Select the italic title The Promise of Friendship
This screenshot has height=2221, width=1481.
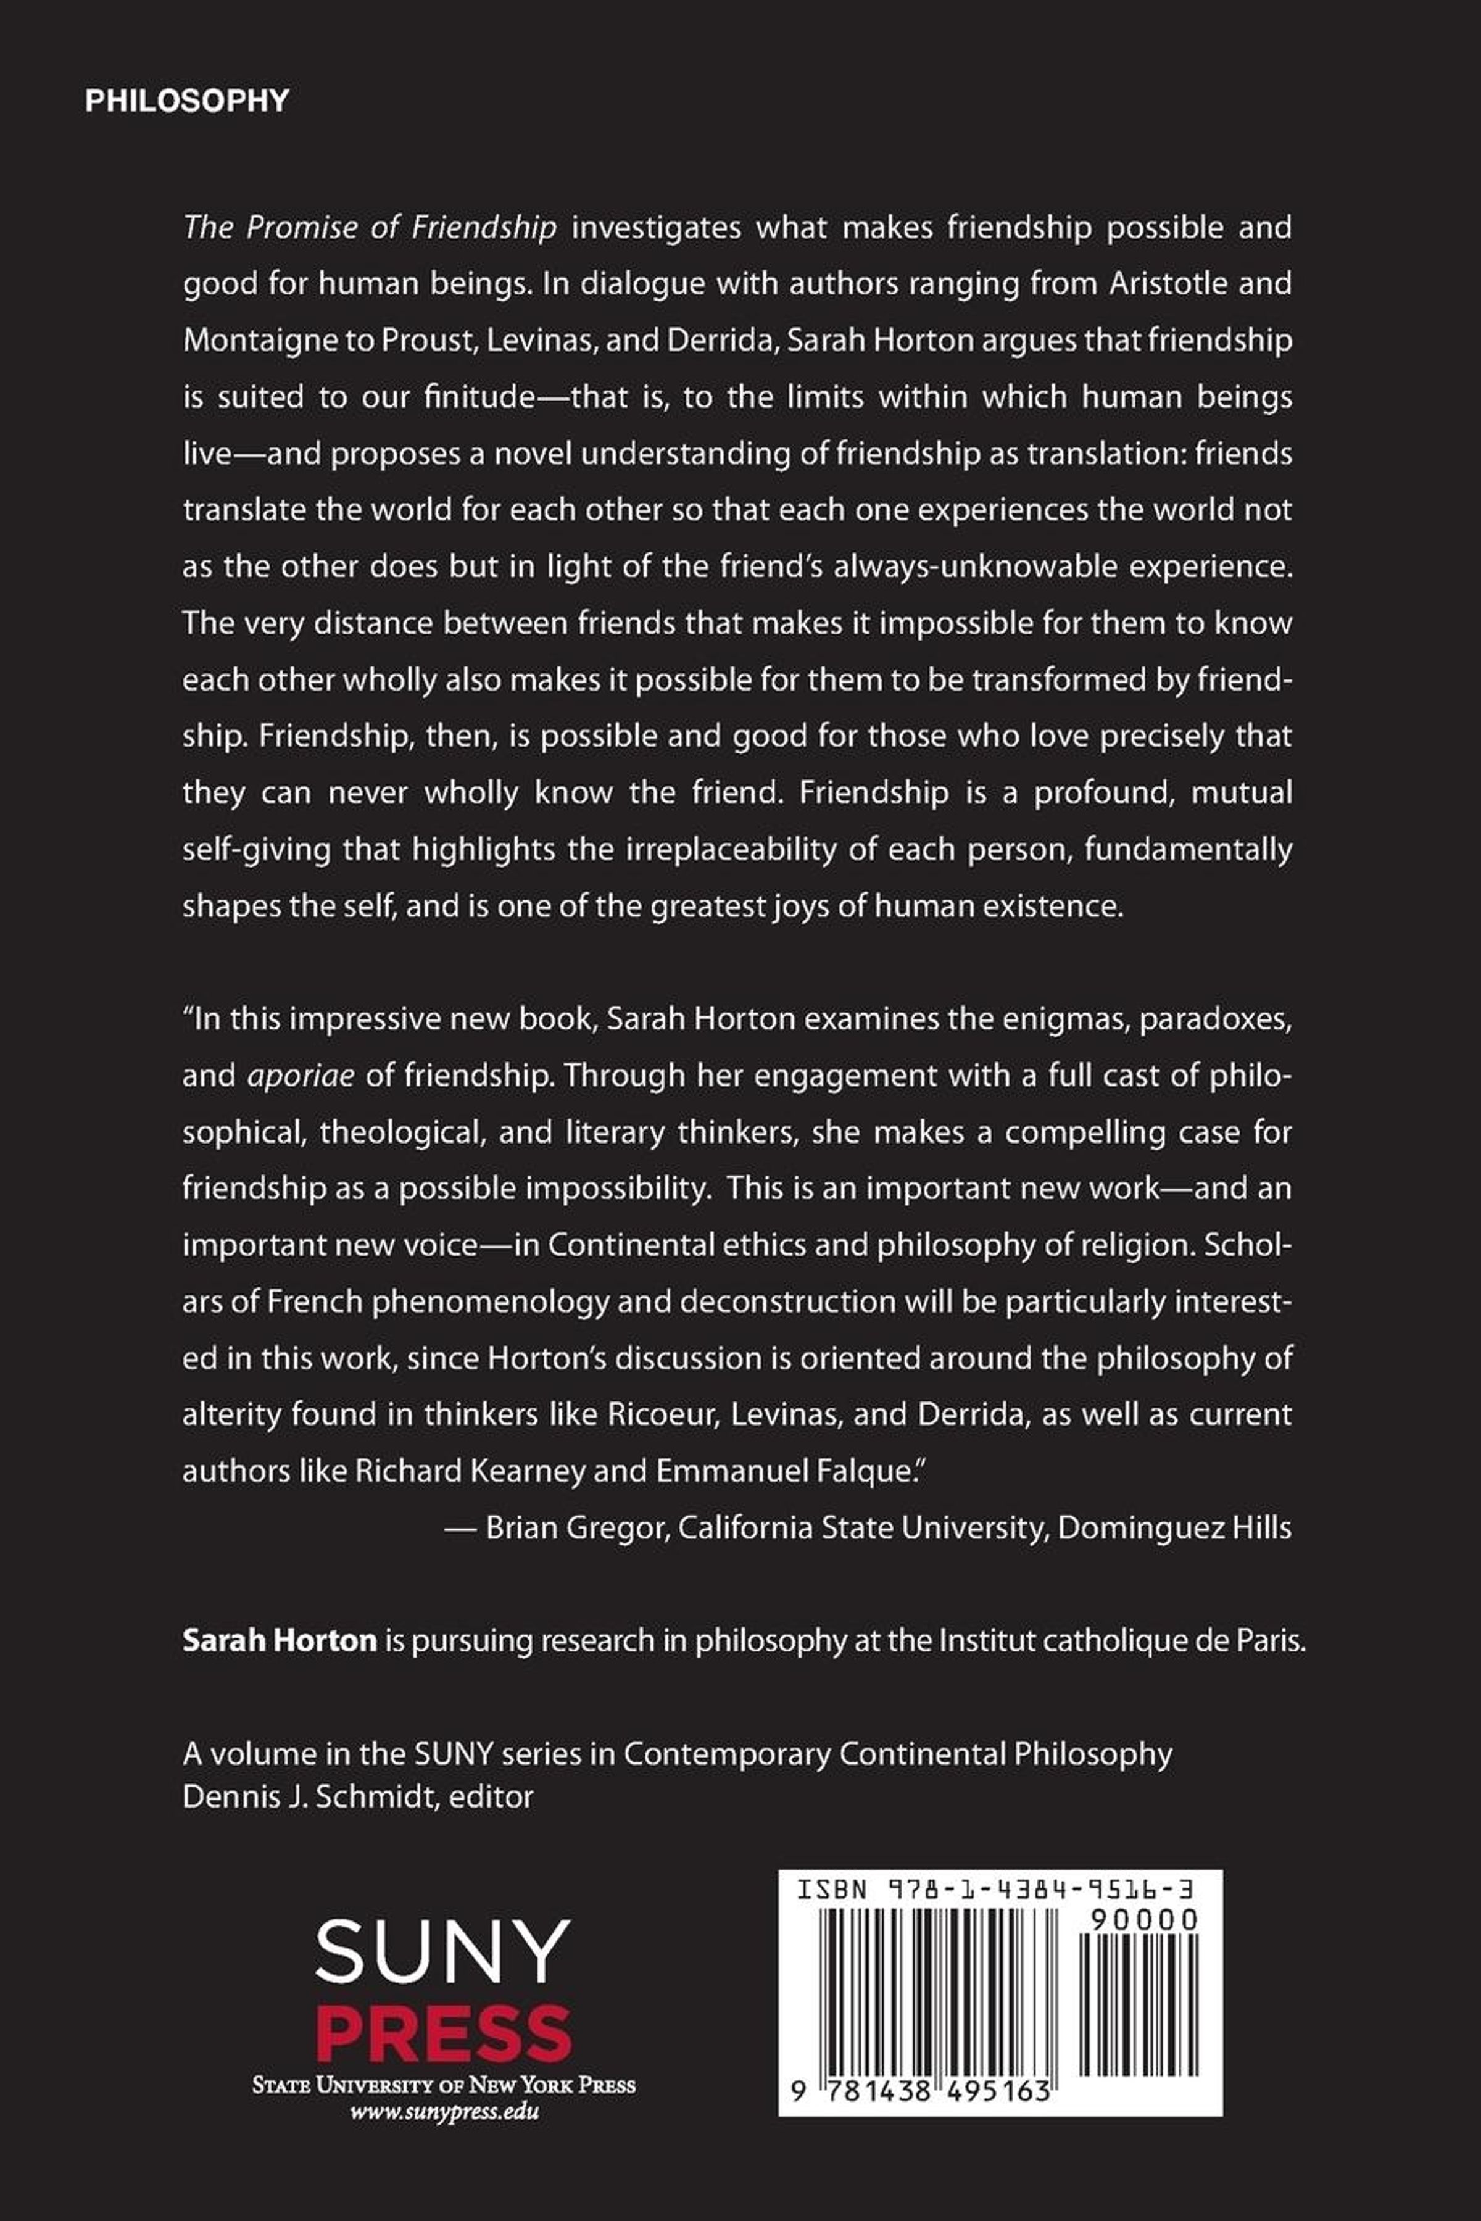tap(369, 228)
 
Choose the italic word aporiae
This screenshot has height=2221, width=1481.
tap(301, 1076)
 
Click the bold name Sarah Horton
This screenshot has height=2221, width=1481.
tap(280, 1640)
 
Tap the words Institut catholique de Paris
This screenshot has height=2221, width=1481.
tap(1121, 1640)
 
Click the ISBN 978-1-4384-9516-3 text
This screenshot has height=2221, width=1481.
tap(994, 1890)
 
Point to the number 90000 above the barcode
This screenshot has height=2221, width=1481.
tap(1143, 1920)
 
